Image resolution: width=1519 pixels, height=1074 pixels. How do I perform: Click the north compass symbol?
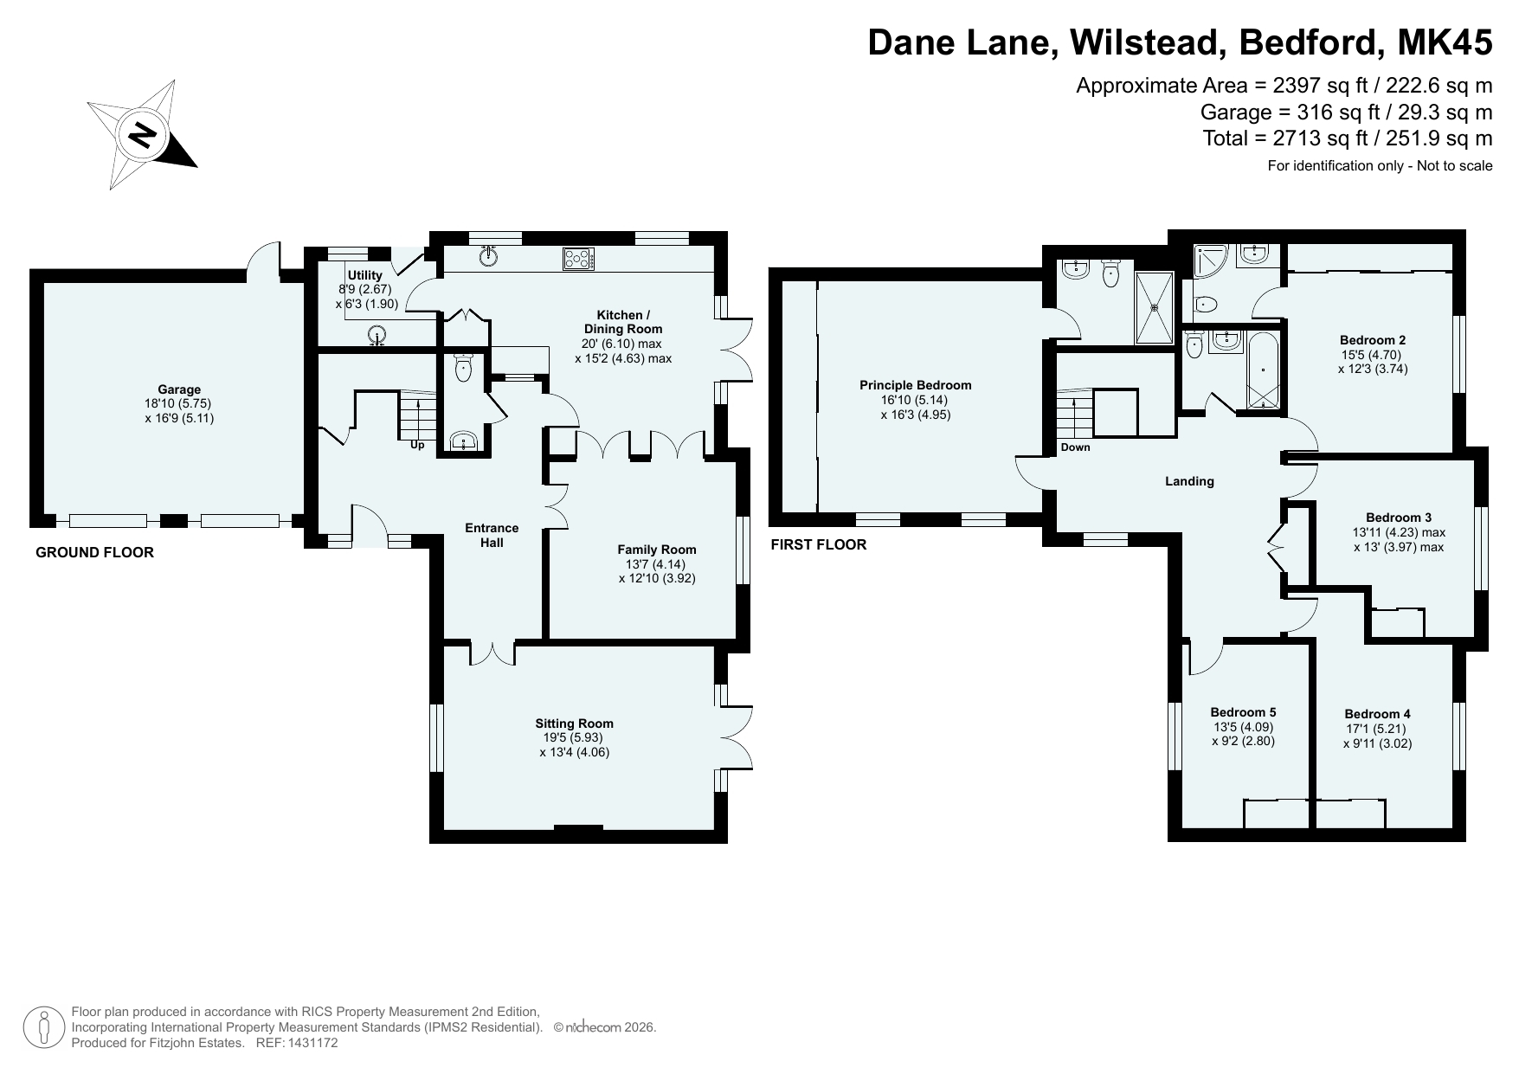[x=142, y=135]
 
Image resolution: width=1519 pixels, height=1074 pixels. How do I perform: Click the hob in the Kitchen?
[x=579, y=258]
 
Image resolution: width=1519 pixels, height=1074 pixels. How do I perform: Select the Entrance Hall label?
[x=492, y=535]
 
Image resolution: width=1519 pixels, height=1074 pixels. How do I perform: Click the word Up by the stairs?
[x=417, y=446]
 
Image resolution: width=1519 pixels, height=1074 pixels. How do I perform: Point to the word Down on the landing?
[x=1076, y=447]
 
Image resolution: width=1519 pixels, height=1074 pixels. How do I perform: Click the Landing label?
[x=1189, y=481]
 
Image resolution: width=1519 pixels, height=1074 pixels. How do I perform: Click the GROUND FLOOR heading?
[x=94, y=552]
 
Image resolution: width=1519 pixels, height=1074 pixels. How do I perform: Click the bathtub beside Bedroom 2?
[x=1263, y=370]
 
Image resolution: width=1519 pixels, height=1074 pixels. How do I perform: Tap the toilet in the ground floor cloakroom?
[x=464, y=367]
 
